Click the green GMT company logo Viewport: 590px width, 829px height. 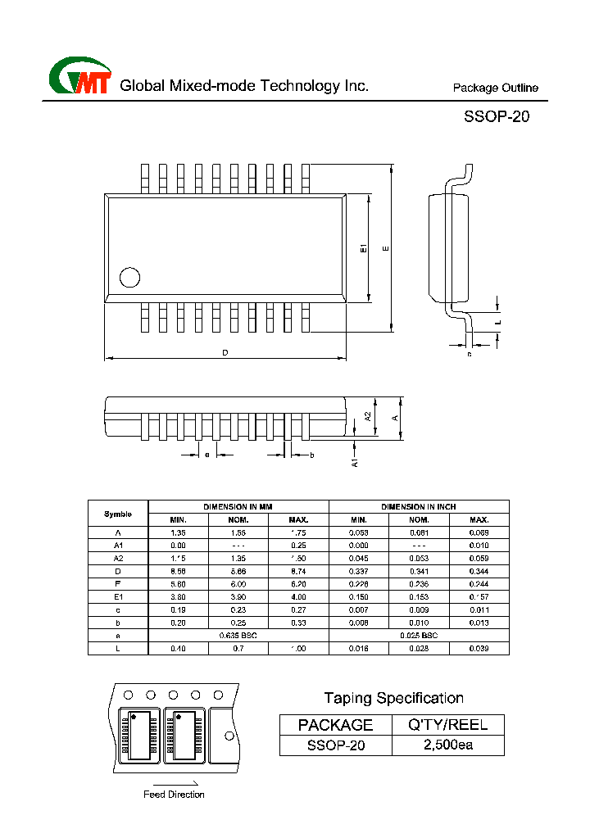[x=80, y=76]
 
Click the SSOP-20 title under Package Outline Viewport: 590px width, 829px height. [x=497, y=116]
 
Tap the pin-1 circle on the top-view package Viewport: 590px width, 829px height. [x=129, y=277]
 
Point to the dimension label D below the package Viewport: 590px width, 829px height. [x=225, y=353]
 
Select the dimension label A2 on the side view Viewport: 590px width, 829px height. [x=368, y=415]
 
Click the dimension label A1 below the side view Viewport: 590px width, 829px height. [x=355, y=462]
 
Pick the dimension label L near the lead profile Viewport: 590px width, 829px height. [x=498, y=324]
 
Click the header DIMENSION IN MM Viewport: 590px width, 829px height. [x=238, y=507]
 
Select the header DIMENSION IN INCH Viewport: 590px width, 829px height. [x=419, y=507]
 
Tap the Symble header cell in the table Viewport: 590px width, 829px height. [x=118, y=514]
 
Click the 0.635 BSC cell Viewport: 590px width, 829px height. [x=238, y=636]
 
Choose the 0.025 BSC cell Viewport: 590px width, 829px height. [x=419, y=636]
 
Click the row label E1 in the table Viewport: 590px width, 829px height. [x=118, y=597]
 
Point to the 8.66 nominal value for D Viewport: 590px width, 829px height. [x=238, y=571]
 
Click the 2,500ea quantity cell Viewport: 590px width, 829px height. [x=447, y=745]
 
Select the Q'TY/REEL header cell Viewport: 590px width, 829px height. [x=447, y=724]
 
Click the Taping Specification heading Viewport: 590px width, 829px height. [x=393, y=698]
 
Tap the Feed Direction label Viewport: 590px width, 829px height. [x=174, y=795]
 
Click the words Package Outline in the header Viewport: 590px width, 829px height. [x=496, y=88]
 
